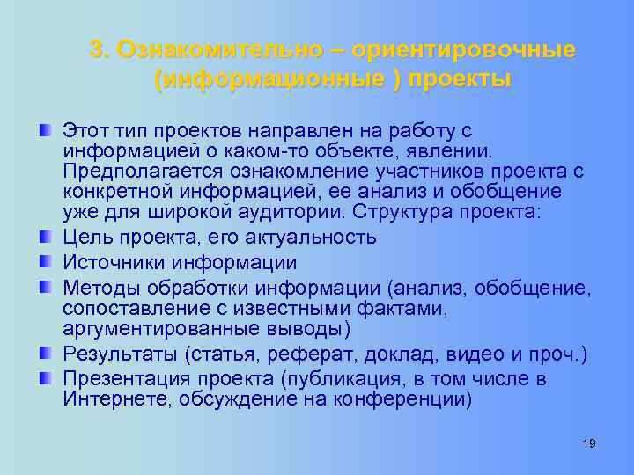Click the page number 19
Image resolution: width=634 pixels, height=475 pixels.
coord(589,443)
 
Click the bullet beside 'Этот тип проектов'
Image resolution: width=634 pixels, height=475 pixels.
coord(43,131)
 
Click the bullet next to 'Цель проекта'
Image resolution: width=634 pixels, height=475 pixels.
coord(43,237)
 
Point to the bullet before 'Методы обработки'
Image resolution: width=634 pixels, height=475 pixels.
coord(43,288)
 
